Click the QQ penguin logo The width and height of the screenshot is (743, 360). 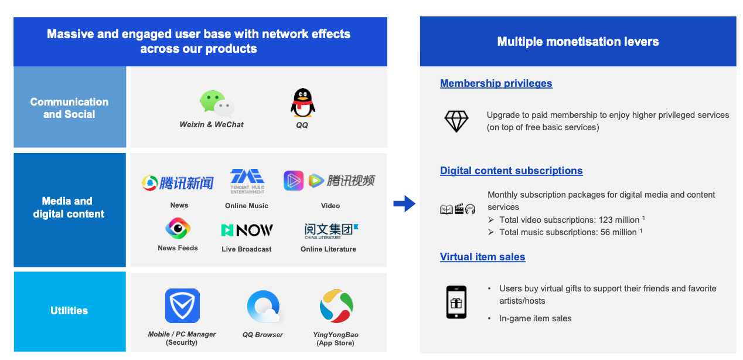tap(303, 103)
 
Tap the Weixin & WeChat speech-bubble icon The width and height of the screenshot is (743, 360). tap(216, 104)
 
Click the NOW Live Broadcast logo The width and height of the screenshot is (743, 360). tap(247, 230)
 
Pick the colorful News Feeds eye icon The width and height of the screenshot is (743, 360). tap(177, 228)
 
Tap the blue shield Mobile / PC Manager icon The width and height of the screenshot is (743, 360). tap(182, 305)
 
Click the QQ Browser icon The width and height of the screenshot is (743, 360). tap(263, 307)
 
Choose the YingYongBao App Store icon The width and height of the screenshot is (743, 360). tap(336, 305)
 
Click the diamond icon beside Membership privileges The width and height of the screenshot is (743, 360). tap(456, 121)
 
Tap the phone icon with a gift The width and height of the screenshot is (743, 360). tap(456, 302)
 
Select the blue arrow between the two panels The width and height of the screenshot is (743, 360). tap(404, 204)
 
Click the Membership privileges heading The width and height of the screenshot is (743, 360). tap(496, 83)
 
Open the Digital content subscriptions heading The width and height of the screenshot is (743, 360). tap(511, 171)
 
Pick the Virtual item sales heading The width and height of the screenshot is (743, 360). tap(482, 257)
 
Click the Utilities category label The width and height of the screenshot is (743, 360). tap(69, 311)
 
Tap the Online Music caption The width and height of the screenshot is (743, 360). tap(247, 206)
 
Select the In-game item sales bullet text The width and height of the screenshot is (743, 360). tap(535, 318)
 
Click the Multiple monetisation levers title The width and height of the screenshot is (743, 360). tap(578, 42)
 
